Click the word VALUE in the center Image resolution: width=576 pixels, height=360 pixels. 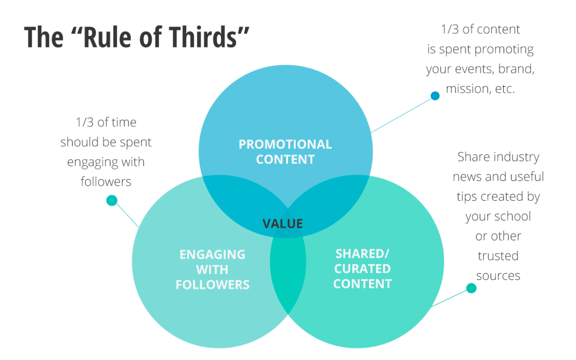[282, 224]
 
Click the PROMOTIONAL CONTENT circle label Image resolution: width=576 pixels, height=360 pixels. [285, 152]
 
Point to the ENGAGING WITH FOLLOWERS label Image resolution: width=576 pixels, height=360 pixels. [212, 269]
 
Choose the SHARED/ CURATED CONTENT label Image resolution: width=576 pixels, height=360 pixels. [362, 269]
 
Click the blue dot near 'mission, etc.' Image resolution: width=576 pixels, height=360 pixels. [435, 96]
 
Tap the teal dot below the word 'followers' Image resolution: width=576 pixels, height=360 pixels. [112, 201]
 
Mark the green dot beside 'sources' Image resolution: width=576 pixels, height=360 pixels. [471, 288]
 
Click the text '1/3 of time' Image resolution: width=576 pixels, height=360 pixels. [106, 122]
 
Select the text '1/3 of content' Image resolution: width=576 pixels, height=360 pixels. [480, 29]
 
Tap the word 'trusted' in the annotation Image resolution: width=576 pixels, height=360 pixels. [498, 256]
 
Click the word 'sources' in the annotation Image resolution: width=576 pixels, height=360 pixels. [498, 276]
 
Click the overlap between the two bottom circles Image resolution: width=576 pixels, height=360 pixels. [288, 269]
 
